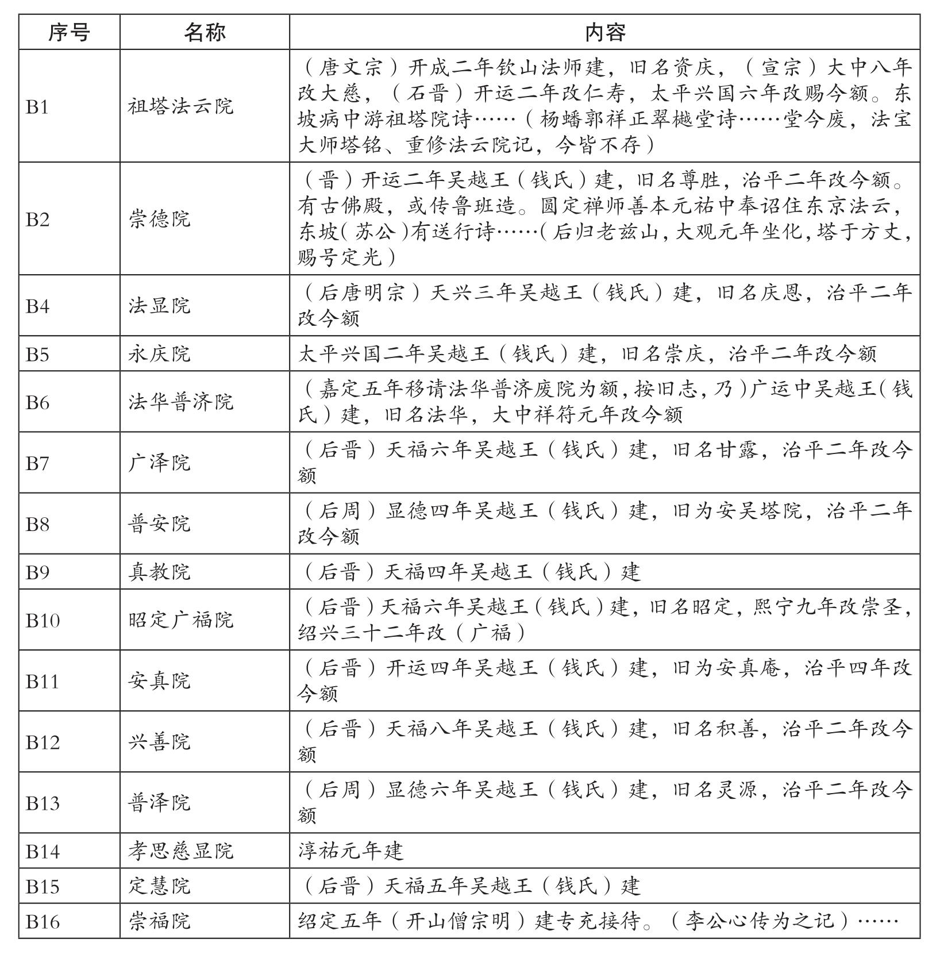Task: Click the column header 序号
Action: coord(69,33)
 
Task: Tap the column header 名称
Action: coord(205,33)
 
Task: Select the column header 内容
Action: coord(604,33)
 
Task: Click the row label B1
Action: coord(37,107)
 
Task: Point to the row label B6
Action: coord(37,402)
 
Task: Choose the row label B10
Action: coord(43,621)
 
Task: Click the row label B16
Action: coord(43,922)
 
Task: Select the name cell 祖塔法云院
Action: coord(180,107)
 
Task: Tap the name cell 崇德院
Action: coord(159,220)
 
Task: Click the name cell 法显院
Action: coord(159,306)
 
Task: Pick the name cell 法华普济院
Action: coord(180,402)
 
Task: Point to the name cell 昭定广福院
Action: coord(180,621)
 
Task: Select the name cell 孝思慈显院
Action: coord(180,851)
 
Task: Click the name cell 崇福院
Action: coord(159,922)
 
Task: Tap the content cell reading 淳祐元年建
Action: coord(350,851)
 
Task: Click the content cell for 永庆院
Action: coord(587,354)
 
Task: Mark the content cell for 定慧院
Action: coord(469,886)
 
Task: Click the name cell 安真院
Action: coord(159,682)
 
